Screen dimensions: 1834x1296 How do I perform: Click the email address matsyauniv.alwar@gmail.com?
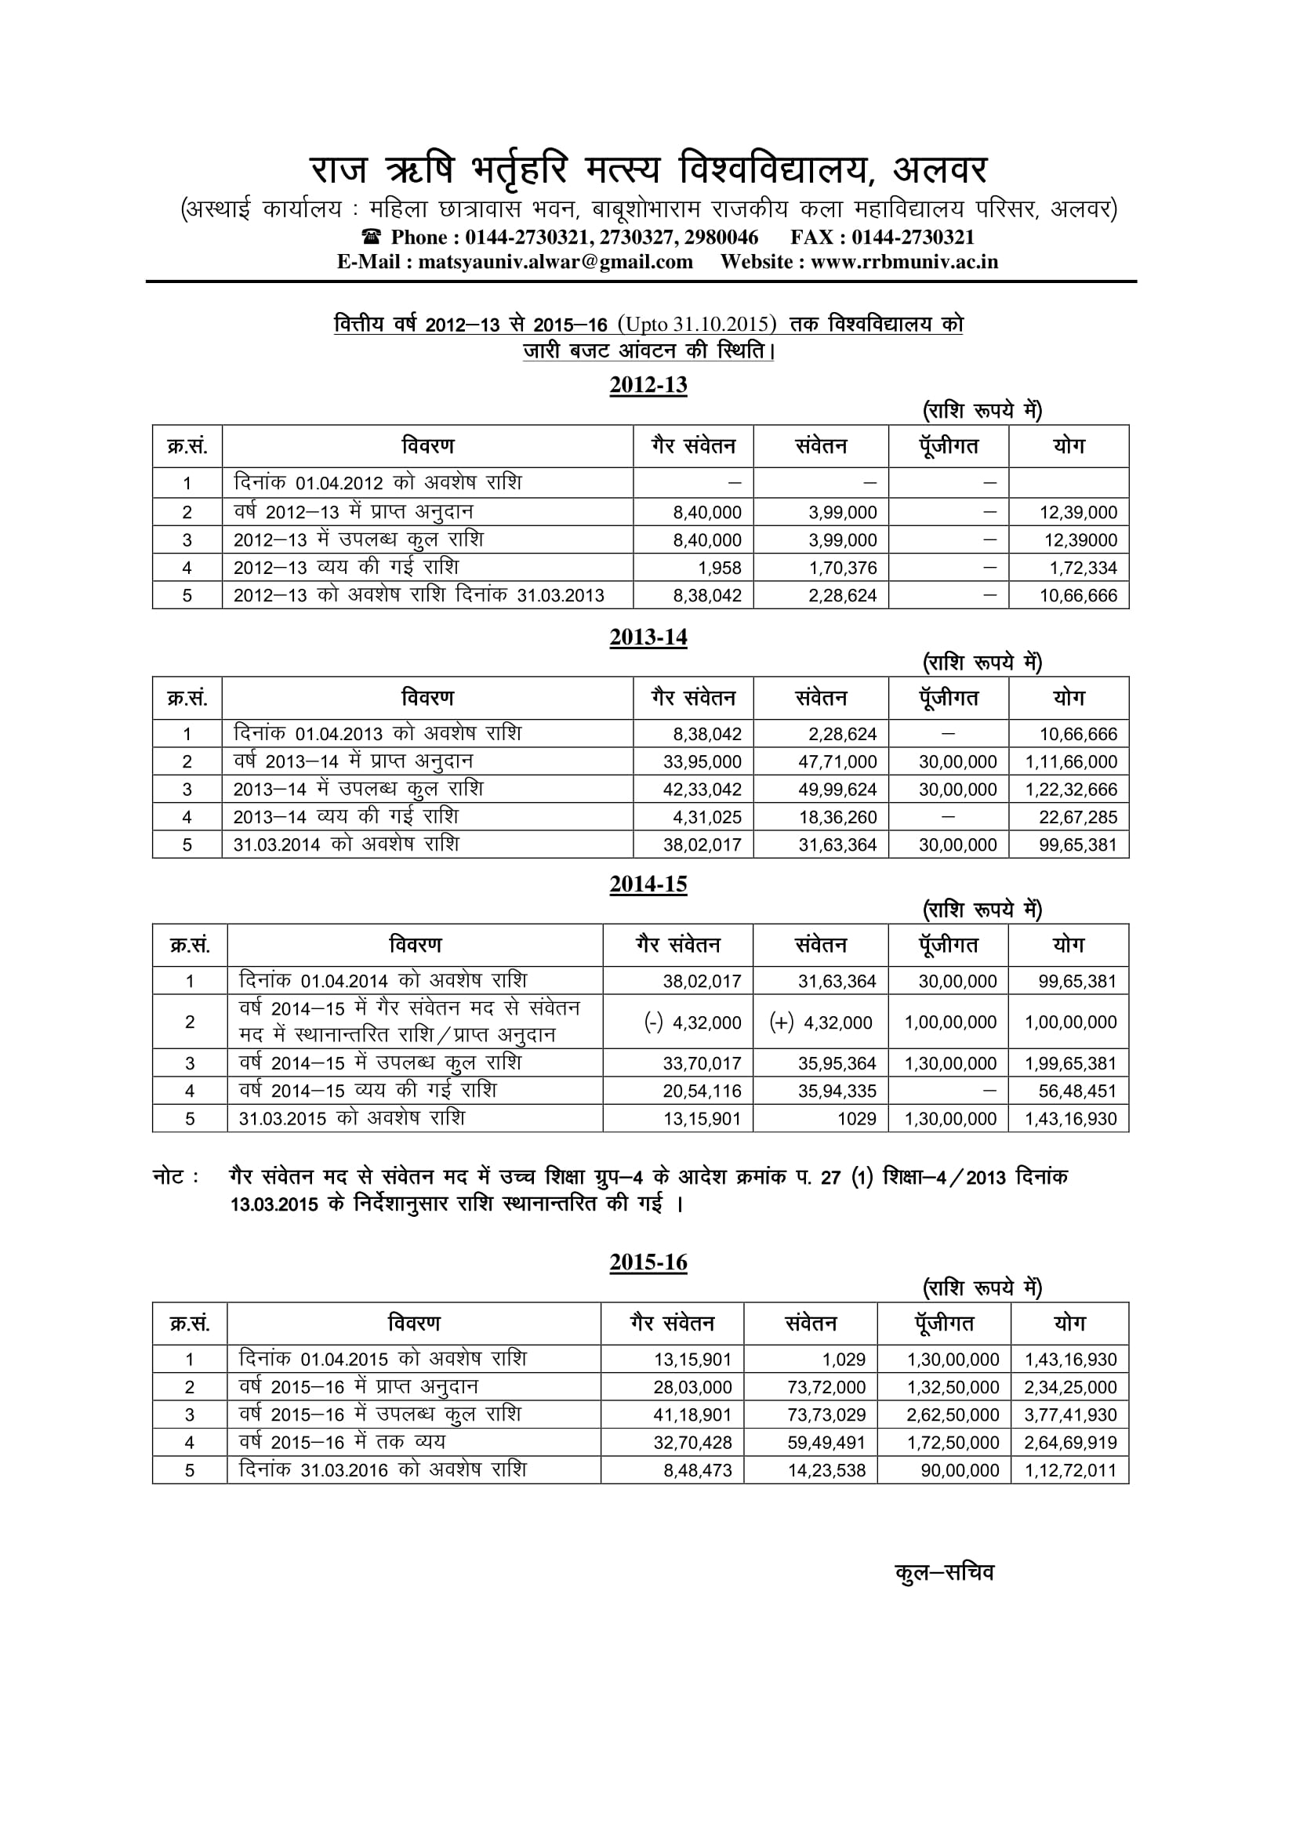point(555,262)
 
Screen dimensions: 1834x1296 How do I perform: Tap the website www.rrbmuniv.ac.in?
point(904,262)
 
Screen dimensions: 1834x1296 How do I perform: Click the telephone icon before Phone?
point(372,238)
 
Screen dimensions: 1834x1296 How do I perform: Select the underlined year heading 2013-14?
point(648,637)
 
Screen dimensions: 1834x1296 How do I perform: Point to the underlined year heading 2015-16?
point(648,1262)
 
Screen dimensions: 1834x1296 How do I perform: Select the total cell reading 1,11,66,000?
point(1071,762)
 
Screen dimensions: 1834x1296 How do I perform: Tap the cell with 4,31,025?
point(702,817)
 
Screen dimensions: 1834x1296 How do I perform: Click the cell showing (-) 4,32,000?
point(692,1022)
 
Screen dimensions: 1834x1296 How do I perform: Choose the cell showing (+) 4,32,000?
point(821,1022)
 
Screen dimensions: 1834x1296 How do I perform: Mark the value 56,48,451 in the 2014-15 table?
point(1077,1091)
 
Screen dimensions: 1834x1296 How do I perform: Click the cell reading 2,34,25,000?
point(1070,1388)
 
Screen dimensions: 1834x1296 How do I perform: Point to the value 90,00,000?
point(959,1470)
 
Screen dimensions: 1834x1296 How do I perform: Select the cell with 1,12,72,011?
point(1070,1470)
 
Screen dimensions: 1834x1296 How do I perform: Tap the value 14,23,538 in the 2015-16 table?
point(826,1470)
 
